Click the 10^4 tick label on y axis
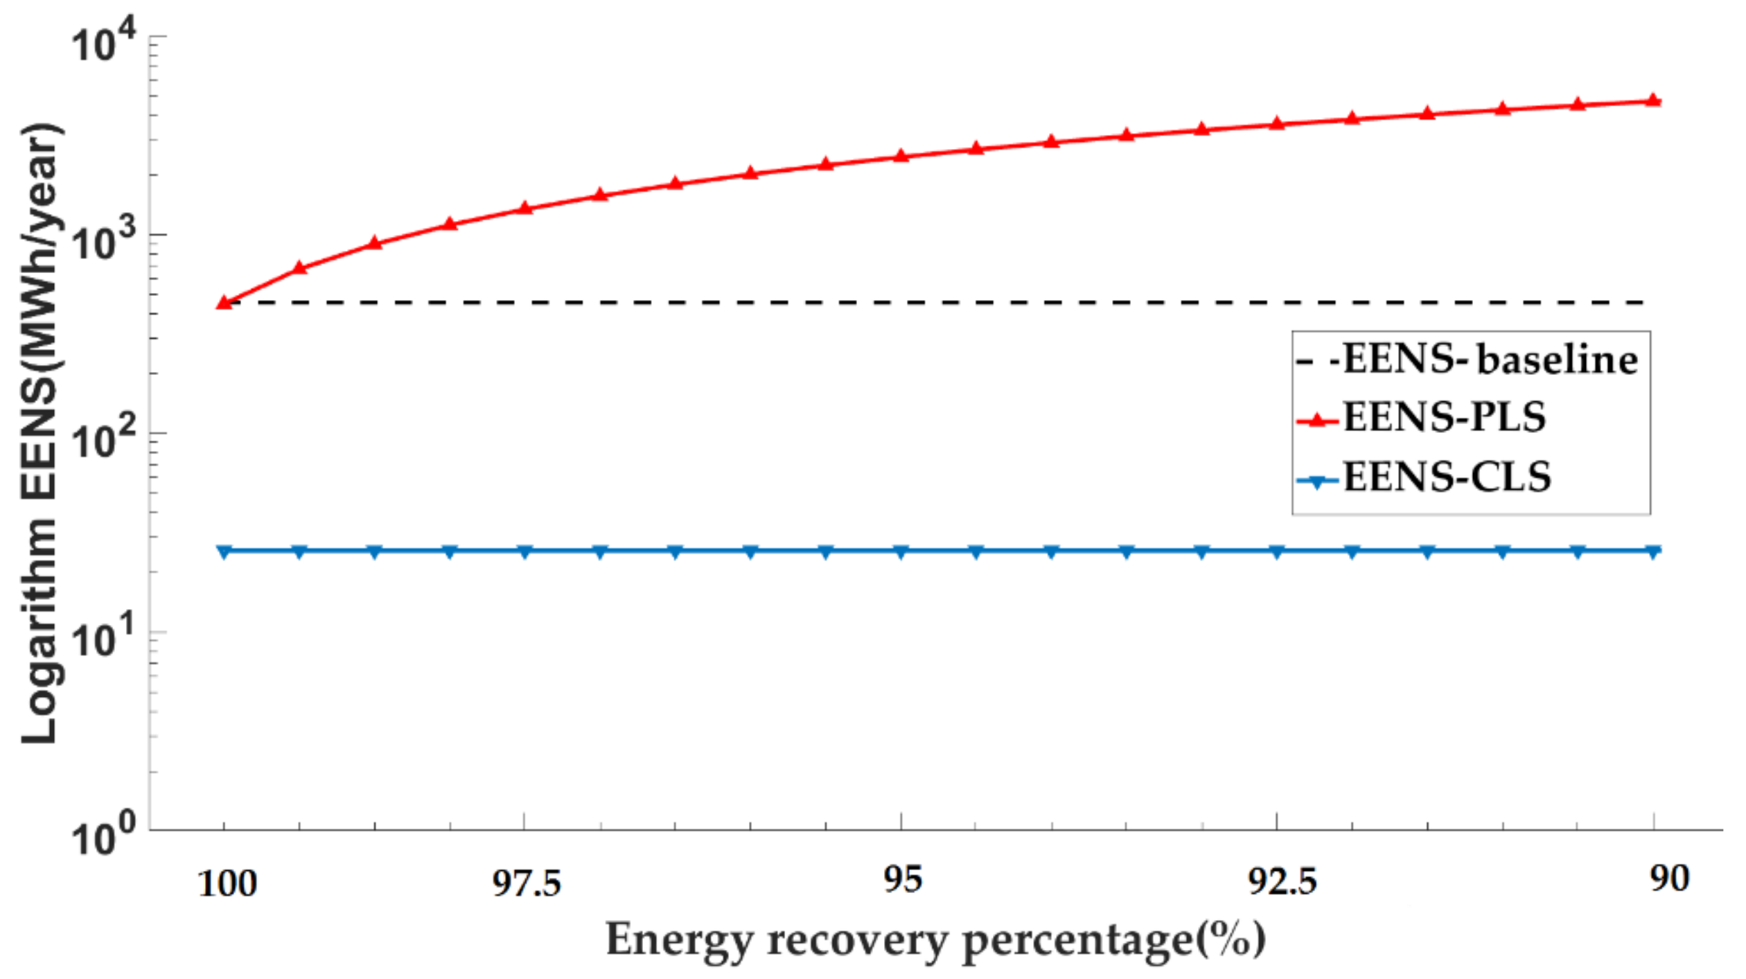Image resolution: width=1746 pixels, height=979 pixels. (104, 43)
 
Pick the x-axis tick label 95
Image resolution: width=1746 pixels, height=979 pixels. (902, 880)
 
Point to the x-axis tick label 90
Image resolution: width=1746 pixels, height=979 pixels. (1669, 879)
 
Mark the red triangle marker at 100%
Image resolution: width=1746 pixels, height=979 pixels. (224, 303)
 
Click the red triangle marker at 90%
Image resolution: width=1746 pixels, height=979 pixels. (1653, 100)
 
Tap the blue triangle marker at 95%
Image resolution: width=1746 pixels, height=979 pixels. (901, 552)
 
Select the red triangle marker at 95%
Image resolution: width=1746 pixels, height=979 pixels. (901, 156)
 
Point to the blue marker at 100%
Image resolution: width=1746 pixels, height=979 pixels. (224, 552)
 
